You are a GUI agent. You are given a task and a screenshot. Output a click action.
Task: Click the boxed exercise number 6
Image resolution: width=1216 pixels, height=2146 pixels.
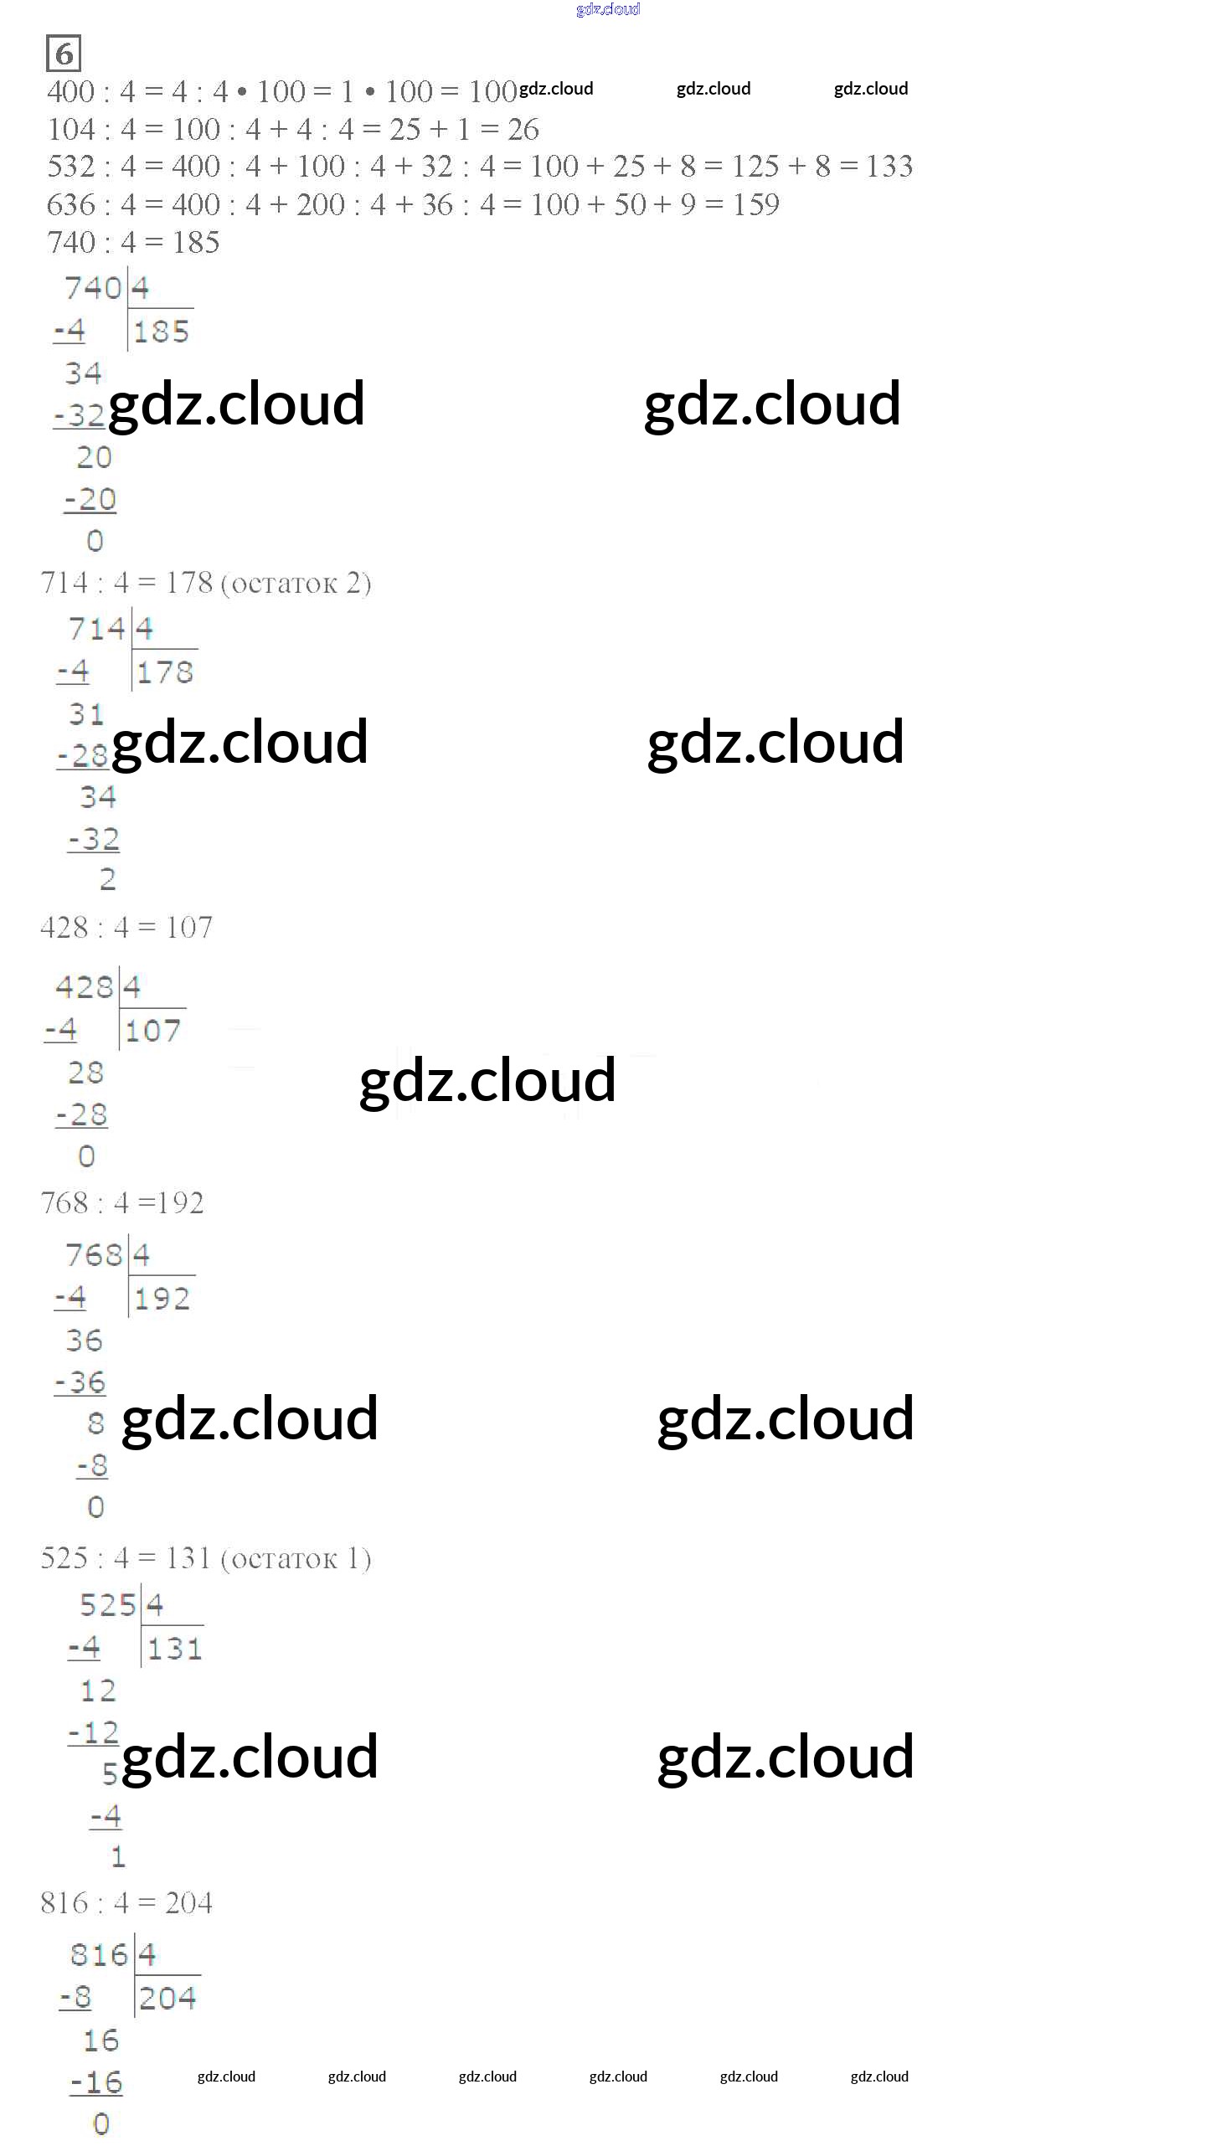(64, 54)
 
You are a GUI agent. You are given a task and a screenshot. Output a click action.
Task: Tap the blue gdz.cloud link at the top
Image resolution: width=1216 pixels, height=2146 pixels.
(608, 9)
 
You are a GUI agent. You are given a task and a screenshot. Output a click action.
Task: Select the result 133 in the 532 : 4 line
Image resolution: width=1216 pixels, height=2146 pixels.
(889, 167)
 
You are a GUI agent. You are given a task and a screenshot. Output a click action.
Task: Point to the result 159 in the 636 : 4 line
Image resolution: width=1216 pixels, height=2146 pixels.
(755, 204)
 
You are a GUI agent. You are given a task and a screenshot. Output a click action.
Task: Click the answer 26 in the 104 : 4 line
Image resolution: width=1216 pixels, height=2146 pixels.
(523, 129)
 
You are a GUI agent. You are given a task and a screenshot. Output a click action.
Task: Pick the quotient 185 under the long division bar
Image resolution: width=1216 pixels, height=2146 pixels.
(162, 332)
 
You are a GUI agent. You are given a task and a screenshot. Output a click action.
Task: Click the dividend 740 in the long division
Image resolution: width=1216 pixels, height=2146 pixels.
(94, 288)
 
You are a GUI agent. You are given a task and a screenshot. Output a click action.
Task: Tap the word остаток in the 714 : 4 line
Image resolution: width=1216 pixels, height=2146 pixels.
(284, 584)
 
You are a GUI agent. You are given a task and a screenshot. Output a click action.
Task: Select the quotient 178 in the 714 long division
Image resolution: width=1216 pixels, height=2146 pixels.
(165, 672)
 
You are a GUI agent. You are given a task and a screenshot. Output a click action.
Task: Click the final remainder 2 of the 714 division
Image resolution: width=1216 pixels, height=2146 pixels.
(108, 879)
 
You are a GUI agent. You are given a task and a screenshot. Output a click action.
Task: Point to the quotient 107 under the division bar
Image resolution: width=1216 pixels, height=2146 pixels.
(153, 1031)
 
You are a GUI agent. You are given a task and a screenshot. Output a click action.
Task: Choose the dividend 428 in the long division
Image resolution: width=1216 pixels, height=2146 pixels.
(85, 987)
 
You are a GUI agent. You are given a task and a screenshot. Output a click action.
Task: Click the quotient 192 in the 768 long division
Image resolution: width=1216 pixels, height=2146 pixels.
(162, 1299)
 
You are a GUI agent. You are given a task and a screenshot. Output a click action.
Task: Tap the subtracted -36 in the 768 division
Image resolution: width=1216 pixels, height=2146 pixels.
(81, 1382)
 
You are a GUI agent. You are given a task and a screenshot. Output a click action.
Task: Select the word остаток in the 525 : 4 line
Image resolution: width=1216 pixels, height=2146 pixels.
(284, 1558)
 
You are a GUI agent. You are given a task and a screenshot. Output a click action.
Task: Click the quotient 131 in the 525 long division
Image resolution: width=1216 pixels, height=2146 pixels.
(174, 1649)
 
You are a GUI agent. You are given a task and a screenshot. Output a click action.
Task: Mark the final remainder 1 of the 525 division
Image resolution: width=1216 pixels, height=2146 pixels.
(118, 1857)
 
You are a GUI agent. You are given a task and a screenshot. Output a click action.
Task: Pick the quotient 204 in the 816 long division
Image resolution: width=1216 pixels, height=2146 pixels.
(167, 1999)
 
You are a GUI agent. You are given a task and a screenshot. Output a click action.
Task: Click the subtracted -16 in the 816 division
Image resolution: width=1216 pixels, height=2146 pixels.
(96, 2082)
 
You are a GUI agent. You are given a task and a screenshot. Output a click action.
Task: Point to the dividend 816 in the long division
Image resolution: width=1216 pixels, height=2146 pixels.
(99, 1955)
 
